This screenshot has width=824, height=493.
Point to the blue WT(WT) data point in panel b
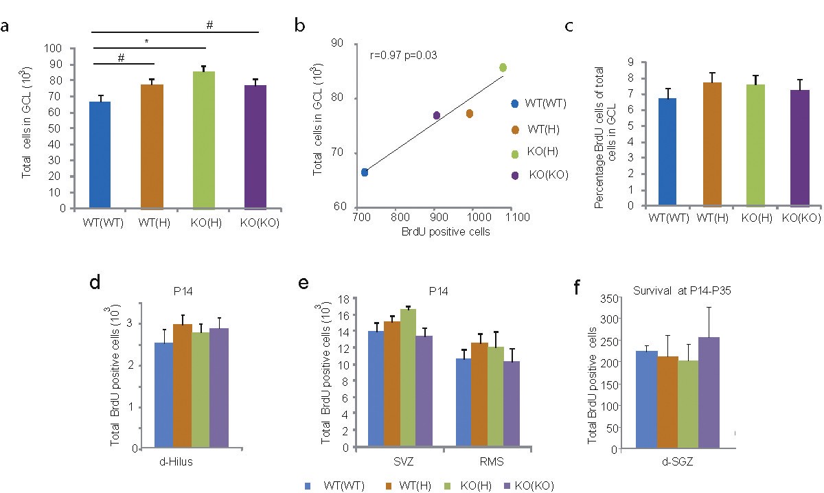click(365, 172)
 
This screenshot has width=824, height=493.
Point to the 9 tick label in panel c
click(621, 62)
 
